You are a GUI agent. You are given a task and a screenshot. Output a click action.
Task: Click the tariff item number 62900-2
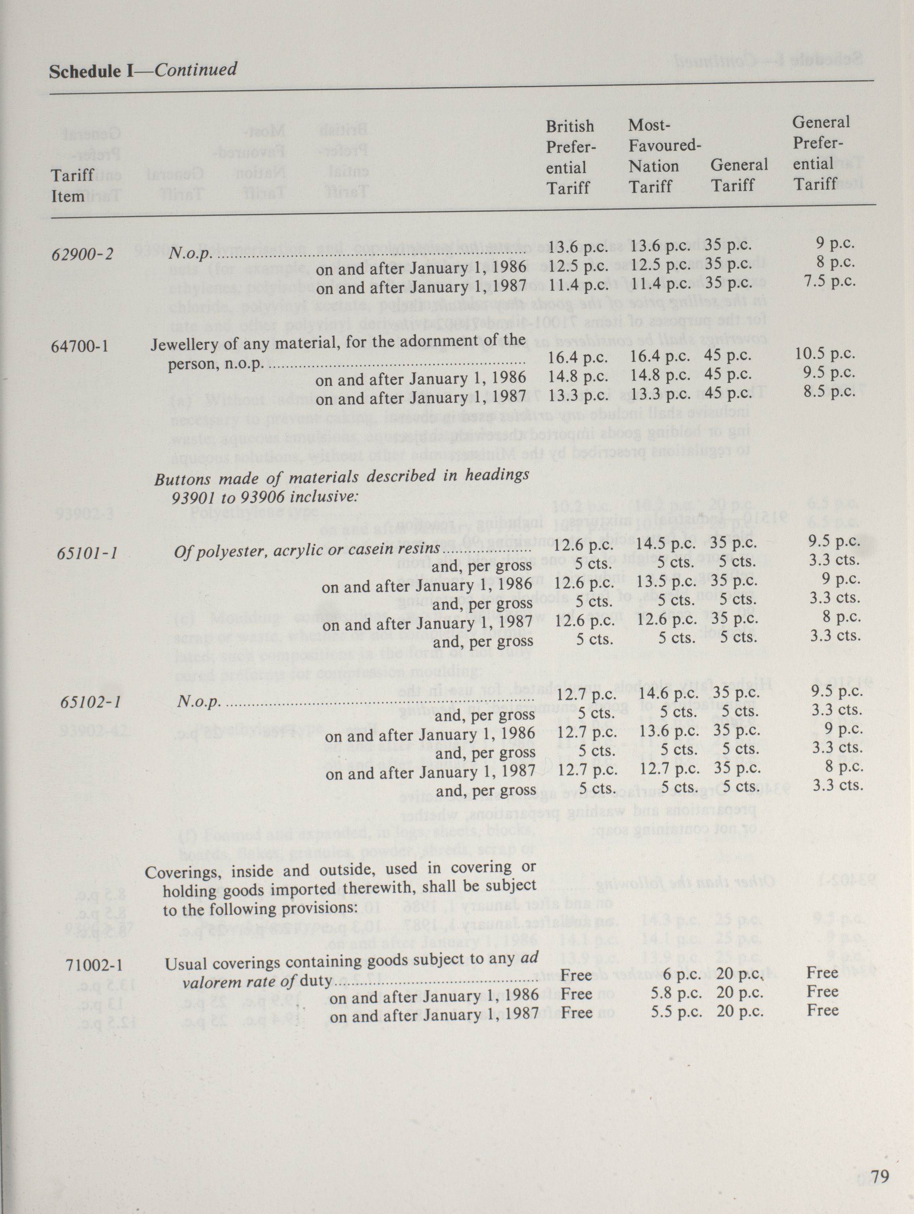[x=82, y=254]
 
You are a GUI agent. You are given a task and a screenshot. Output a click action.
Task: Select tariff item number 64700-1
[x=79, y=346]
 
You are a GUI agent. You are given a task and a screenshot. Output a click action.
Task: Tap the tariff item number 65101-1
[x=87, y=552]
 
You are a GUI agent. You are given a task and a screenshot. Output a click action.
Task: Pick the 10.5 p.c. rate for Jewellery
[x=825, y=353]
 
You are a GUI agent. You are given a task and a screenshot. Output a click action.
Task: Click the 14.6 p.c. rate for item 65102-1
[x=662, y=694]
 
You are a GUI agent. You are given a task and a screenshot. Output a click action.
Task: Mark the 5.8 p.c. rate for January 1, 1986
[x=676, y=993]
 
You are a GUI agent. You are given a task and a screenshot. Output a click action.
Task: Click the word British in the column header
[x=569, y=126]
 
